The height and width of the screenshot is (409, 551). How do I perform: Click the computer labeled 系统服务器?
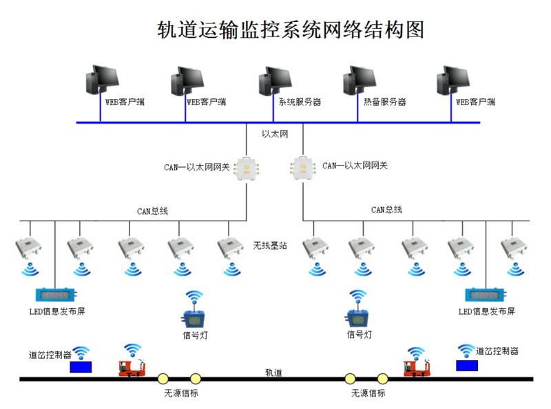[273, 80]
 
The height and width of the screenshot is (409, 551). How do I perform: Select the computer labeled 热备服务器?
[357, 80]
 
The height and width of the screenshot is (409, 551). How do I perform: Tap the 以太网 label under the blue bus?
[274, 133]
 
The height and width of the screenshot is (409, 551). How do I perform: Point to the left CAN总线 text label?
[152, 211]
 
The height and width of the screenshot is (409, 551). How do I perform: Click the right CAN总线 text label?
[386, 210]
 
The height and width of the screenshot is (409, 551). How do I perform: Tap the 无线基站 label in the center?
[269, 245]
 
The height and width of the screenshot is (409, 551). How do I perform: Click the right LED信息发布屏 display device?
[486, 295]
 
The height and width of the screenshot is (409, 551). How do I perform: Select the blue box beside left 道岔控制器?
[81, 367]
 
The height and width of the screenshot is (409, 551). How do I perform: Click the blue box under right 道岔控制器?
[466, 365]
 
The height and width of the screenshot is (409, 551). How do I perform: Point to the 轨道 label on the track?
[274, 373]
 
